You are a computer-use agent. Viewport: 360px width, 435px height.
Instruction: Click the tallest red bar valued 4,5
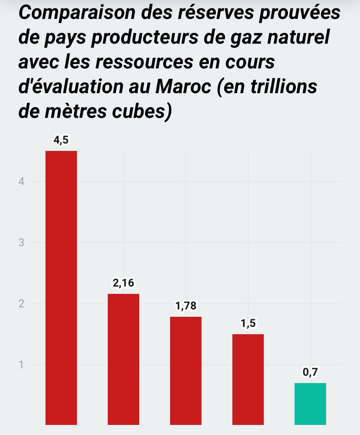(61, 287)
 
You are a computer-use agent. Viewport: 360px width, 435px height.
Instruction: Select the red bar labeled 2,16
(124, 359)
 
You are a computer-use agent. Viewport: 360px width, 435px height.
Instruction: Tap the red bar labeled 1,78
(186, 370)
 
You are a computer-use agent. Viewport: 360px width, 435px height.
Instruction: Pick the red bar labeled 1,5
(248, 379)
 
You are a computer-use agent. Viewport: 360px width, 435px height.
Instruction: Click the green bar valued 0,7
(310, 404)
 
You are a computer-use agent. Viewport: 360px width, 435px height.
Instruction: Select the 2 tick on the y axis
(22, 304)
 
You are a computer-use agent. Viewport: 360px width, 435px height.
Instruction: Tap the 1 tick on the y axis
(22, 365)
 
